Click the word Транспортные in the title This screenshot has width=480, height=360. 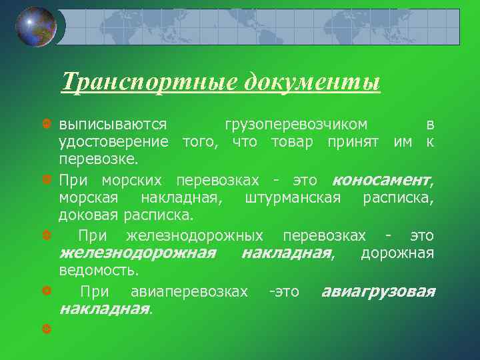click(x=149, y=82)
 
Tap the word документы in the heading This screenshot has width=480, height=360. click(x=312, y=82)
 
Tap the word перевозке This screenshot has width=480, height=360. click(x=98, y=159)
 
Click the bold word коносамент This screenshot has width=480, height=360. click(x=381, y=180)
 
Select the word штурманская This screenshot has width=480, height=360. click(x=293, y=197)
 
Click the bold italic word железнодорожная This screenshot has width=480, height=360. click(x=137, y=253)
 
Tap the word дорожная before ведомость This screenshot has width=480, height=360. click(x=397, y=253)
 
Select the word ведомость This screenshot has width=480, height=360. click(x=99, y=271)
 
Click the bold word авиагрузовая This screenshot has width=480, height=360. click(x=378, y=291)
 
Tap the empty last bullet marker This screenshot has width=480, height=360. click(x=46, y=329)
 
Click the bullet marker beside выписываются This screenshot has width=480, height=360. click(x=46, y=125)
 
